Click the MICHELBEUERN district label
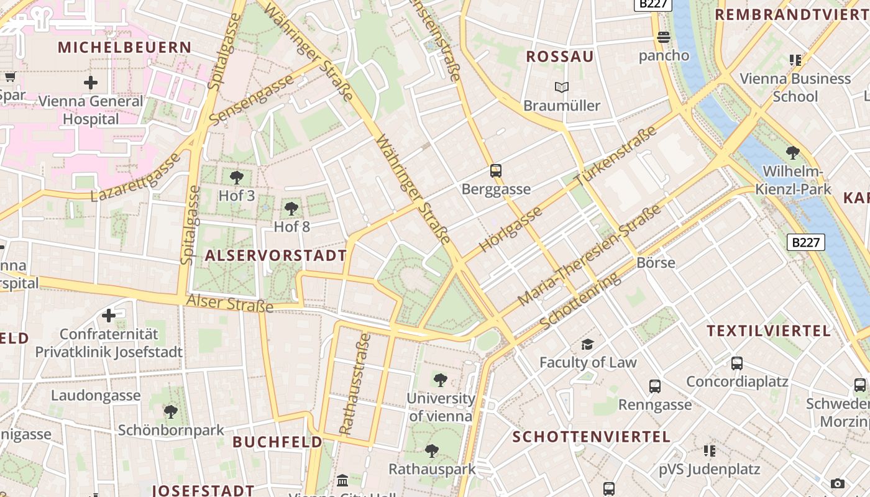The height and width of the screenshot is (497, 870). click(x=125, y=47)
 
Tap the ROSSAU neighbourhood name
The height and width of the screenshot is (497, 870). click(x=560, y=57)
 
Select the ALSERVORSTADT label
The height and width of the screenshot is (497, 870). click(x=276, y=255)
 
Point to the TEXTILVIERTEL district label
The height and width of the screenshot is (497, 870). click(x=769, y=331)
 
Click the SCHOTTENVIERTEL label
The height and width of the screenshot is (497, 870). click(x=592, y=437)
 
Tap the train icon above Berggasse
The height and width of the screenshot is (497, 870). click(x=495, y=171)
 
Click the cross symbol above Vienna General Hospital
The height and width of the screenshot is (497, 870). click(x=91, y=82)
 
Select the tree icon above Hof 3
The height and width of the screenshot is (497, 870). click(x=237, y=178)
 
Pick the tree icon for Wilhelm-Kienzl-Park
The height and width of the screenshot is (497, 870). click(x=792, y=153)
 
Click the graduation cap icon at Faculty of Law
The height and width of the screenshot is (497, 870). click(x=587, y=344)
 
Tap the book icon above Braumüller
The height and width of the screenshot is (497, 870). click(x=562, y=88)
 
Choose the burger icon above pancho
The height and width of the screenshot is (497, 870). click(x=664, y=37)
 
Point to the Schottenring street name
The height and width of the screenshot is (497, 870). click(x=580, y=301)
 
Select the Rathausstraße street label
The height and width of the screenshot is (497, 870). click(x=355, y=383)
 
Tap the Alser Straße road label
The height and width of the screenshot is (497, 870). click(x=230, y=303)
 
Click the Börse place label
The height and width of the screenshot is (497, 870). click(x=656, y=263)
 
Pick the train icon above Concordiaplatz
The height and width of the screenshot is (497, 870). click(x=737, y=363)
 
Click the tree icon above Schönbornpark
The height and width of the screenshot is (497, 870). click(x=170, y=412)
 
